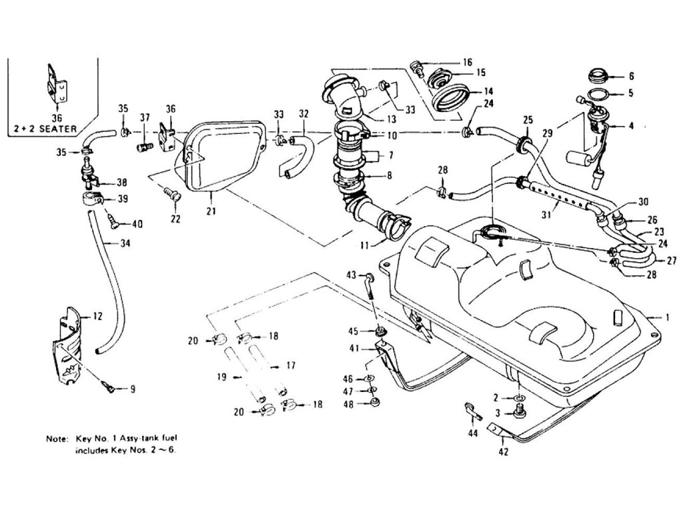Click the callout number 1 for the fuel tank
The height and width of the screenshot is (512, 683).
coord(668,318)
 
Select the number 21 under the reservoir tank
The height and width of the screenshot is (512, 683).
coord(211,212)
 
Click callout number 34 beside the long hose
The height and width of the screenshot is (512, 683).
coord(125,243)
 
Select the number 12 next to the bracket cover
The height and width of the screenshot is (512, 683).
coord(97,316)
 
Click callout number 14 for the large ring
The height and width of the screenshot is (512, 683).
coord(488,91)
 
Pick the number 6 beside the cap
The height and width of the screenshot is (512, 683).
coord(631,76)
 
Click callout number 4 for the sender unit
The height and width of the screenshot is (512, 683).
coord(631,125)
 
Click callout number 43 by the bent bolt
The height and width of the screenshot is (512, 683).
coord(351,275)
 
